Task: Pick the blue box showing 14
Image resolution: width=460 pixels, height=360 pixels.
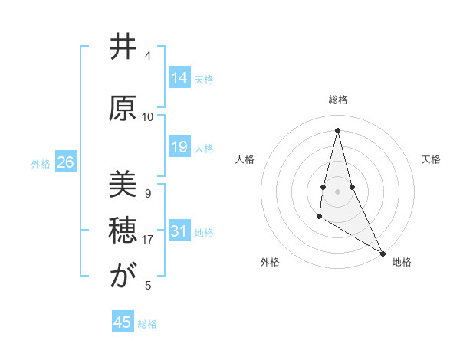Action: [x=179, y=78]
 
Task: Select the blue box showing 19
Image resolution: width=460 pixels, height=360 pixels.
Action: [x=179, y=147]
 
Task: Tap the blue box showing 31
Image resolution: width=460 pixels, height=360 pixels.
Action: [x=179, y=232]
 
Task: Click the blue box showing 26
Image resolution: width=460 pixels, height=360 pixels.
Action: [x=65, y=163]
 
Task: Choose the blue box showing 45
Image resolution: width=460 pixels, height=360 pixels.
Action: [x=123, y=322]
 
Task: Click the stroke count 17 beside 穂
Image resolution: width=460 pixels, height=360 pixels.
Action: [x=148, y=240]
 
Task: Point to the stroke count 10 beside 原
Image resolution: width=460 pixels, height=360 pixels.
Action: [x=148, y=116]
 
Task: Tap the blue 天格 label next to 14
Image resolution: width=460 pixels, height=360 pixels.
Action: [x=204, y=79]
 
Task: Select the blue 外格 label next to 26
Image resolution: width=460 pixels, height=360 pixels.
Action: [x=41, y=164]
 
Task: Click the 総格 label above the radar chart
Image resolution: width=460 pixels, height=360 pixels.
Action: [x=338, y=100]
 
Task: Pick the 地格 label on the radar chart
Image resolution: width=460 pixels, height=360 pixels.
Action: [x=402, y=262]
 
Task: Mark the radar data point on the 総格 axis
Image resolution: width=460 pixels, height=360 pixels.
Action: [x=337, y=130]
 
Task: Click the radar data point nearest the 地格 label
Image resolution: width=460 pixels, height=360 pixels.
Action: [x=383, y=254]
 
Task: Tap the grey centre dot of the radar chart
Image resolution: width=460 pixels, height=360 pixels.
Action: [x=337, y=191]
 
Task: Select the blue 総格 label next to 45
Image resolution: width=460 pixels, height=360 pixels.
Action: [x=147, y=324]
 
